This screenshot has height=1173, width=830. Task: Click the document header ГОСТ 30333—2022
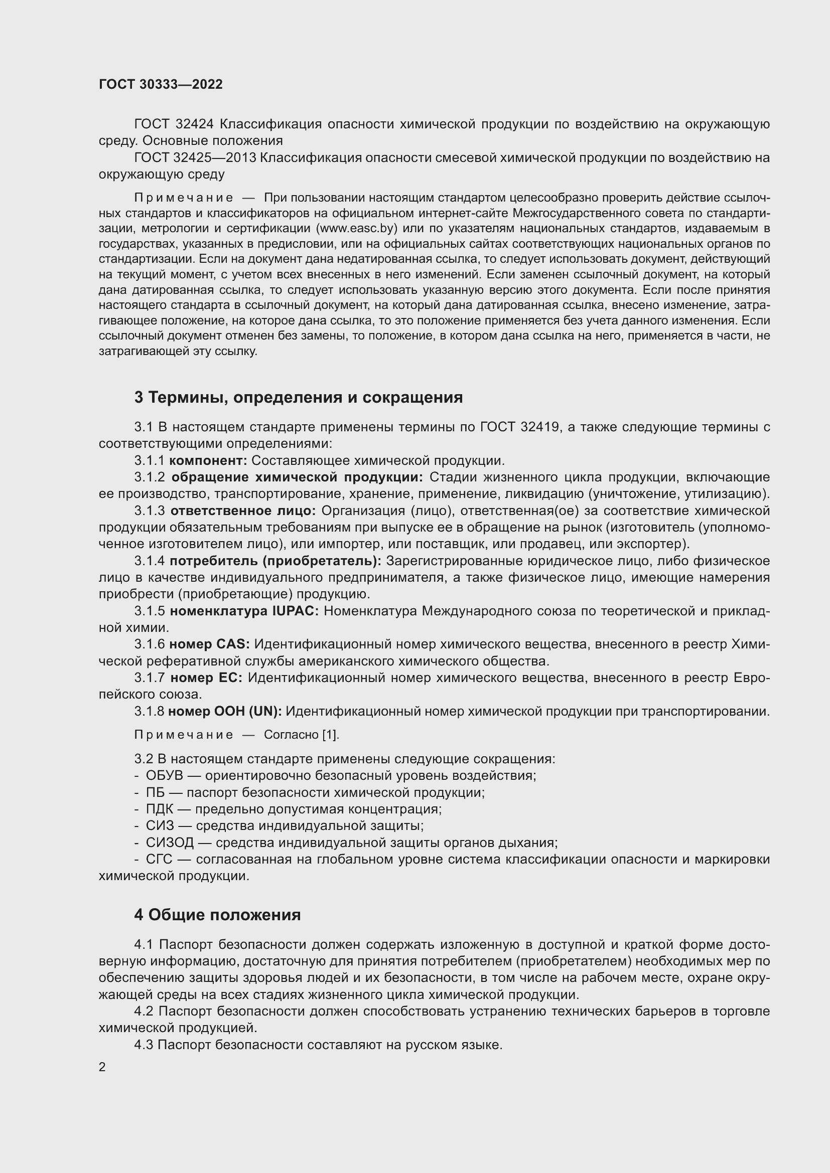click(161, 84)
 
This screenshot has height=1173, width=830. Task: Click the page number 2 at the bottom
click(102, 1067)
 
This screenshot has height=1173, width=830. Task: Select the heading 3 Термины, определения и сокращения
click(298, 397)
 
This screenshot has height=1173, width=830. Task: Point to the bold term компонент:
click(208, 460)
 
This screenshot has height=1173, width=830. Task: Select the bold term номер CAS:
click(210, 644)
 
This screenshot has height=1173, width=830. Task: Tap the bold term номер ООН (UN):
click(225, 711)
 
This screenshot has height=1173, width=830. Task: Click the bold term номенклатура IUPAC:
click(244, 611)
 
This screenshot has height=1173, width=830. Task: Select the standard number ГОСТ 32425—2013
click(195, 158)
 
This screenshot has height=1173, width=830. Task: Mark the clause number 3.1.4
click(149, 561)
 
